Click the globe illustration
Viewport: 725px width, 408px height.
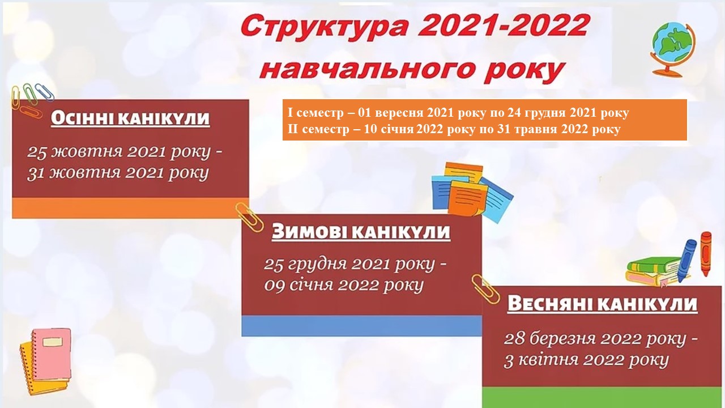[x=673, y=49]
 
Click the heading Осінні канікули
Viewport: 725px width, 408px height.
[x=130, y=118]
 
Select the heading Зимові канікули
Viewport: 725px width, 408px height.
[x=361, y=232]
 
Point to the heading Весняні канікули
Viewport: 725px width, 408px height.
[x=602, y=304]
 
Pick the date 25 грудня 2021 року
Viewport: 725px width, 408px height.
[x=349, y=265]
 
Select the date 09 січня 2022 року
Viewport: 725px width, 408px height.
[x=344, y=286]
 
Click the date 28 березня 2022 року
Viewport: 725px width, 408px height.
[x=595, y=339]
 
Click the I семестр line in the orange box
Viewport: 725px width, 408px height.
[x=458, y=113]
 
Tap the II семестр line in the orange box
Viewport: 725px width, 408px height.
[x=454, y=129]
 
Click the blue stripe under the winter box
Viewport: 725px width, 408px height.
[x=361, y=326]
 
